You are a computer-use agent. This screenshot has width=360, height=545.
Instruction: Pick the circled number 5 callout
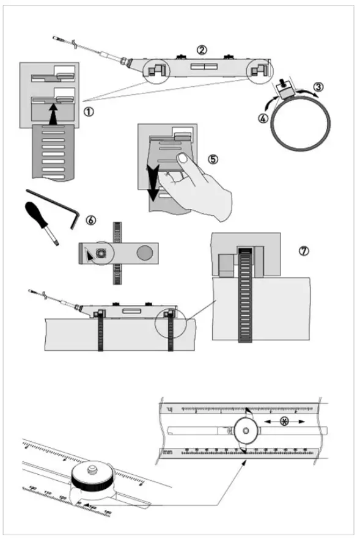(x=213, y=158)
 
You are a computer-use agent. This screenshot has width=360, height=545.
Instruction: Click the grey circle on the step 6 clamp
(x=145, y=252)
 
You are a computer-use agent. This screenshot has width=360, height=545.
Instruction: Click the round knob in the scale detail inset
(x=245, y=431)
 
